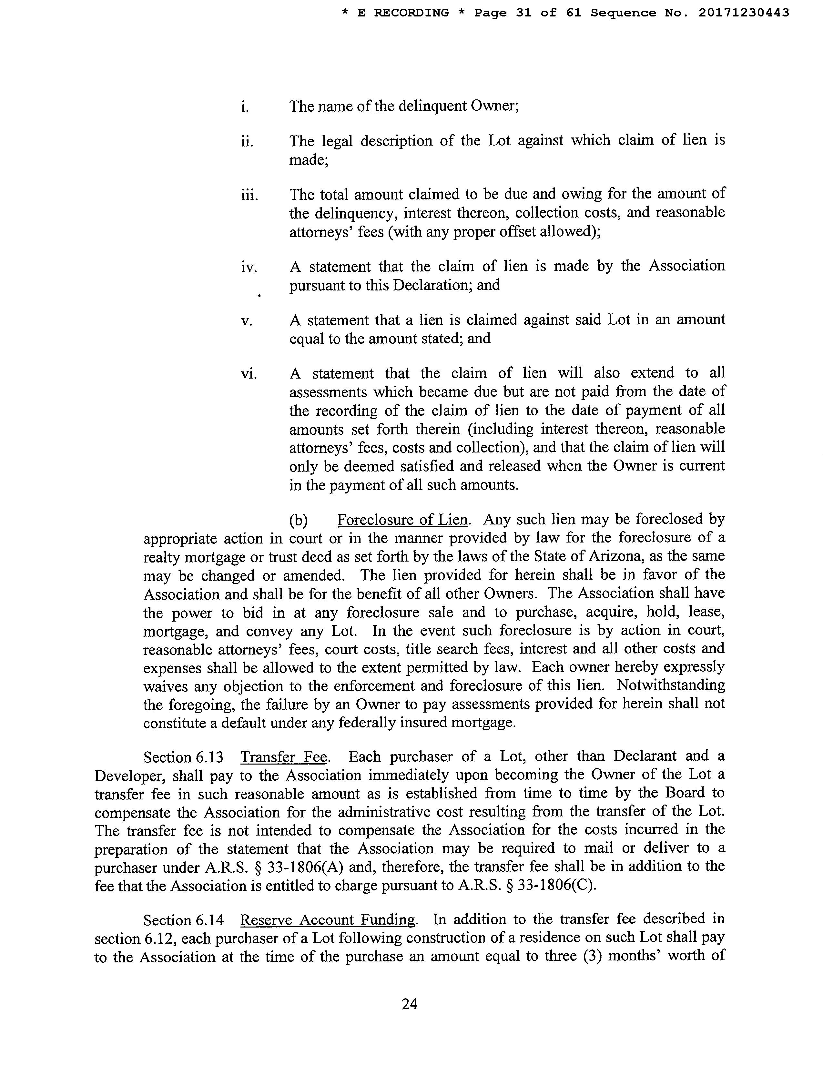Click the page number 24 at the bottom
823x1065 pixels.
[410, 1004]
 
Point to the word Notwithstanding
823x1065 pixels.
[671, 685]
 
